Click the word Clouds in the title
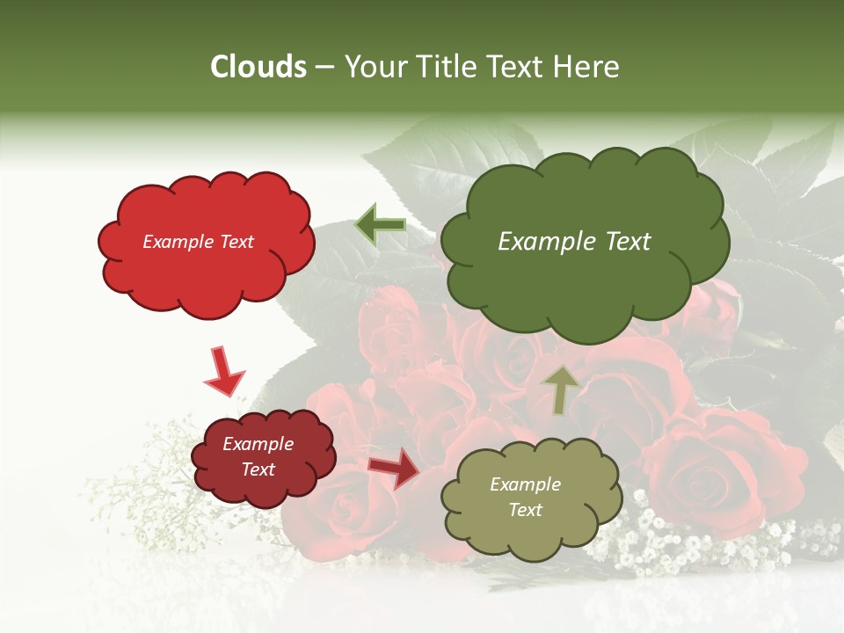point(258,67)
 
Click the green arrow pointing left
point(381,225)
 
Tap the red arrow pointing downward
point(223,371)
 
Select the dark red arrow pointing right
point(395,468)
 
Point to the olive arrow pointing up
point(562,389)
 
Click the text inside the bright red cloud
point(198,242)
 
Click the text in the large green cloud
point(574,242)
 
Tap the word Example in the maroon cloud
point(258,444)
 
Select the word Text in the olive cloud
point(525,510)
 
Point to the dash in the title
point(324,67)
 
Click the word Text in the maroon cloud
point(258,469)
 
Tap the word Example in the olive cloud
point(525,484)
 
